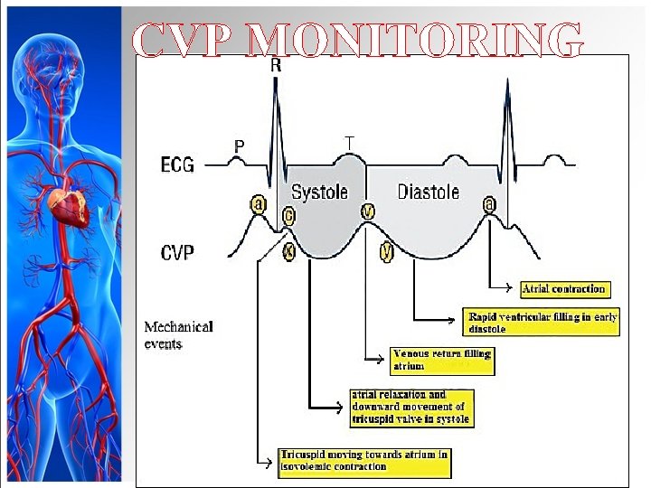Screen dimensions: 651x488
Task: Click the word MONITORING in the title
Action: click(415, 40)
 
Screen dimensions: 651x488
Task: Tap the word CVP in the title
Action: click(184, 40)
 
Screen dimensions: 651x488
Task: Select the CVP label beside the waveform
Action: click(178, 252)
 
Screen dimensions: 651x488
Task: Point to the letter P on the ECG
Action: click(240, 145)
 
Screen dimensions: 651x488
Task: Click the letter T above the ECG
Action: click(349, 143)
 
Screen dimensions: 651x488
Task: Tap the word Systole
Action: click(319, 192)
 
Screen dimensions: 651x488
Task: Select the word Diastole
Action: click(429, 192)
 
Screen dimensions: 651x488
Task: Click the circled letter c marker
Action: click(288, 216)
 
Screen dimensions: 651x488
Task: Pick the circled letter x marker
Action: click(288, 252)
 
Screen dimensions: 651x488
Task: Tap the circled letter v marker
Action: click(367, 211)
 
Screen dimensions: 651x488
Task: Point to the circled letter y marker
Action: click(387, 253)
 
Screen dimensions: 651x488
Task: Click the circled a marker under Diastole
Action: click(490, 205)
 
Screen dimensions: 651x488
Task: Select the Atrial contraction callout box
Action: click(564, 289)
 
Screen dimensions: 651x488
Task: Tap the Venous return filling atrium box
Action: click(443, 361)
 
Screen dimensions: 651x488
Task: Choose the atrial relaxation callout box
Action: click(412, 408)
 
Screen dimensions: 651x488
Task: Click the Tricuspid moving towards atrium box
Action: click(364, 461)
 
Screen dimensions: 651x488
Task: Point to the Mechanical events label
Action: click(179, 334)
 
